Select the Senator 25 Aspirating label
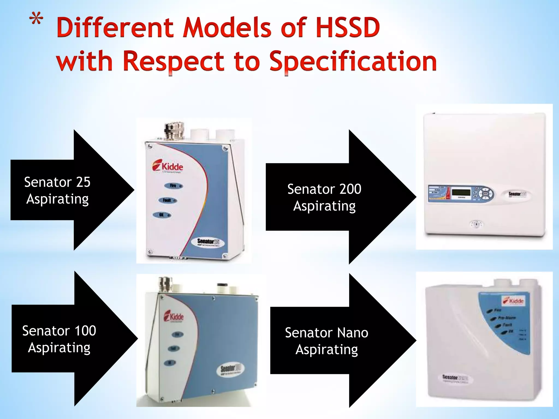coord(57,190)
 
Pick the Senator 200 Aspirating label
coord(324,197)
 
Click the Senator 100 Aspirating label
coord(59,339)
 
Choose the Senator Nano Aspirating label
coord(327,341)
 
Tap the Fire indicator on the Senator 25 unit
coord(174,186)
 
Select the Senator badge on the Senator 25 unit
coord(209,242)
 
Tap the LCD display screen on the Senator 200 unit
coord(461,192)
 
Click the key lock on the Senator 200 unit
coord(476,224)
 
